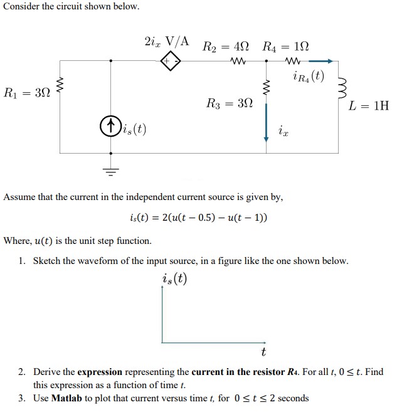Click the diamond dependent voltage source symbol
[x=172, y=61]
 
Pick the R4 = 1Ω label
[x=285, y=46]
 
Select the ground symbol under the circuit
[x=110, y=167]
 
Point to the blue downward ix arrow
[x=267, y=122]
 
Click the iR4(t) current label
[x=309, y=77]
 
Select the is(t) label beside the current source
[x=134, y=129]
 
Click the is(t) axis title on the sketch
[x=174, y=278]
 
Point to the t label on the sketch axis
[x=263, y=352]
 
